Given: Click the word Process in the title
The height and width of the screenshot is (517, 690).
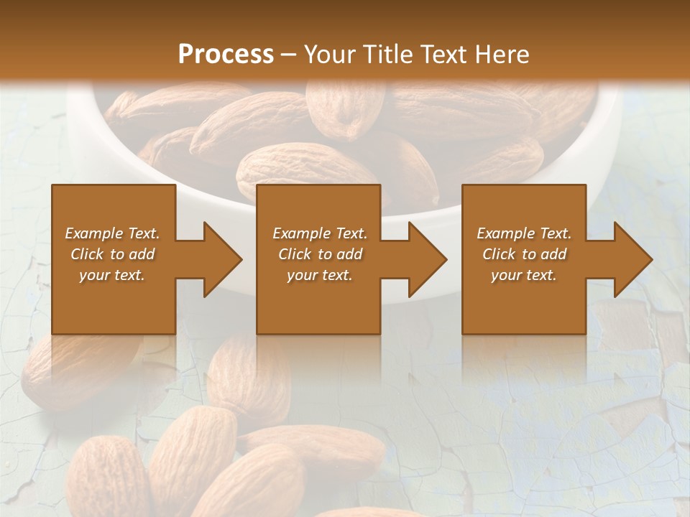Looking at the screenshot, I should point(226,55).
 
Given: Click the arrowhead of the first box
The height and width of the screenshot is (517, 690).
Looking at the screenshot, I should point(219,259).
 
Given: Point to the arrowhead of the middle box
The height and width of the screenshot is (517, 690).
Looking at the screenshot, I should point(425,259).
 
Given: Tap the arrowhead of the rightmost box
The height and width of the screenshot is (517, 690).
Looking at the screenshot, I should point(630,259).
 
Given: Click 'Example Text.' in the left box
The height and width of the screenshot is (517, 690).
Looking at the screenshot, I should point(112,233).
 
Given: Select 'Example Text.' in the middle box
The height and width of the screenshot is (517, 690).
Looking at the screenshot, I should point(319,233).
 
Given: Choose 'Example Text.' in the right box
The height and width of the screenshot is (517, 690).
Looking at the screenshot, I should point(524,233).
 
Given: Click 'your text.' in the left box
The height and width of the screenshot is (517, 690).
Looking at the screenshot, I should point(112,275).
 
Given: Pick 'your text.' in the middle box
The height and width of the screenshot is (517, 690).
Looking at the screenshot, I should point(319,275).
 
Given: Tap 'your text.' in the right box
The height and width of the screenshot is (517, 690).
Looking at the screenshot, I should point(524,275).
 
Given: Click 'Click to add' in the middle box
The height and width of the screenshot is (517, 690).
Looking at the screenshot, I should point(319,254).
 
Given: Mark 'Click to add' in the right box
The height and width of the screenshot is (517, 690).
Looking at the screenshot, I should point(524,254).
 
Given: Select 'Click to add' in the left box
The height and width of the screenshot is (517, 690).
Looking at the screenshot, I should point(112,254).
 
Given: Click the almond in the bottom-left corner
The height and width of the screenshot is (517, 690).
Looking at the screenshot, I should point(108,478).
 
